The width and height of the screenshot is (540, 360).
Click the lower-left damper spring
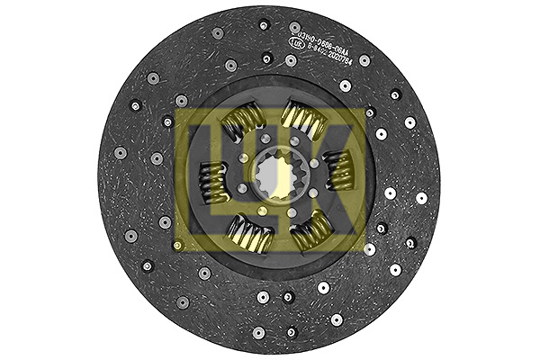click(x=249, y=235)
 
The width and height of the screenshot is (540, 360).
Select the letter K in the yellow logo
click(x=333, y=180)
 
